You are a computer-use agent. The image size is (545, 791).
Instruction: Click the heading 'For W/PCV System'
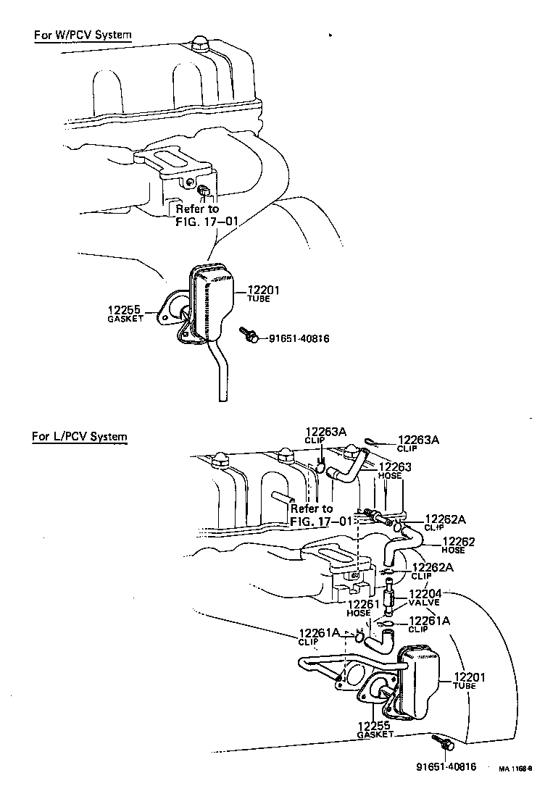(83, 35)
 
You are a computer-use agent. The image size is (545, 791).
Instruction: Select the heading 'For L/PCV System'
(80, 437)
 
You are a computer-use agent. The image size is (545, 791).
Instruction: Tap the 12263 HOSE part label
(395, 470)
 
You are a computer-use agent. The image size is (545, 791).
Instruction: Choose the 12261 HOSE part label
(359, 608)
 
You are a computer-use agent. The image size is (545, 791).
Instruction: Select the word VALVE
(424, 603)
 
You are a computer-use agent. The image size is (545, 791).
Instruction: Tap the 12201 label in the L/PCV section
(470, 682)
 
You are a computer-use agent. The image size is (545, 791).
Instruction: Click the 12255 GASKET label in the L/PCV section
(374, 729)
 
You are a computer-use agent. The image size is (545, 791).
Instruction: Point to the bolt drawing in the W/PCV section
(249, 335)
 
